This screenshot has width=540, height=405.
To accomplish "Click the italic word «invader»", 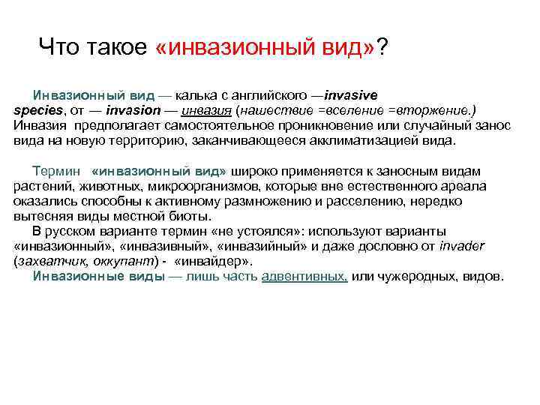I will point(463,245).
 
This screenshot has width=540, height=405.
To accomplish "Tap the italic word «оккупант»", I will point(127,260).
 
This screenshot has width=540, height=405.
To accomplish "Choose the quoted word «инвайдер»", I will point(213,260).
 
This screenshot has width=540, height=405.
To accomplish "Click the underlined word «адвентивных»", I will point(304,275).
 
